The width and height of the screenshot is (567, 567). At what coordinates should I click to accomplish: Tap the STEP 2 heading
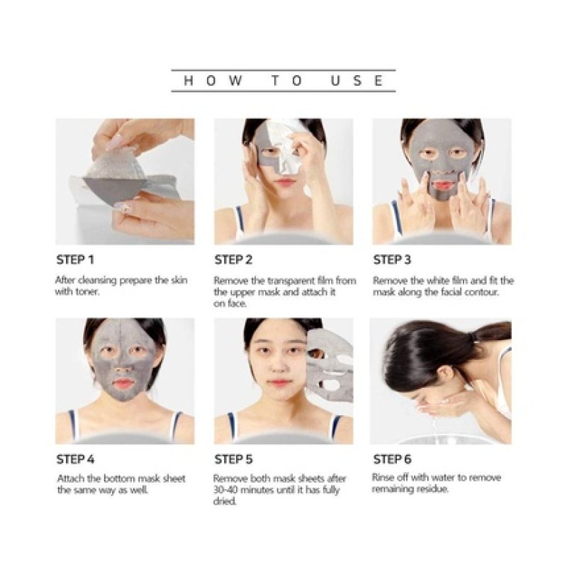[233, 259]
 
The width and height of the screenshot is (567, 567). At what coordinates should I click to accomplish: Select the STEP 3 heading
[392, 259]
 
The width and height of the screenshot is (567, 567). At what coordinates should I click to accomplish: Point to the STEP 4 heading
[74, 459]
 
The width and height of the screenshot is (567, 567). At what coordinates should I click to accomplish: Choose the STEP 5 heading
[233, 459]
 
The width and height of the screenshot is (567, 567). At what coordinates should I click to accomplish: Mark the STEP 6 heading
[392, 459]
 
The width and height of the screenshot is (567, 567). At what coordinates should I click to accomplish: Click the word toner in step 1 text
[89, 291]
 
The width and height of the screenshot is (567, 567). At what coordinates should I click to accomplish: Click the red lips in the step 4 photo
[125, 383]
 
